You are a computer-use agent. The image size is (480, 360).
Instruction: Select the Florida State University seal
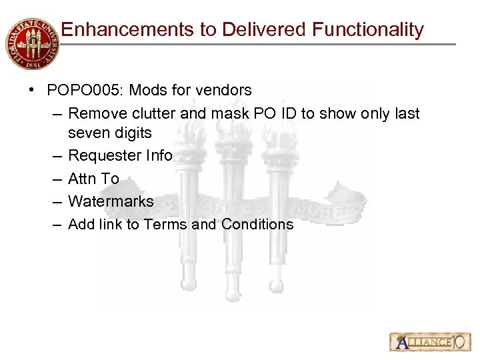pyautogui.click(x=31, y=43)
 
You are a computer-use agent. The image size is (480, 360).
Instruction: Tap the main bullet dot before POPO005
pyautogui.click(x=32, y=90)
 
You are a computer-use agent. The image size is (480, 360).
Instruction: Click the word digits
pyautogui.click(x=133, y=133)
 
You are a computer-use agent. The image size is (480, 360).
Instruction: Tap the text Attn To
pyautogui.click(x=93, y=179)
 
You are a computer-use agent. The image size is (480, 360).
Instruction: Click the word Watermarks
pyautogui.click(x=111, y=201)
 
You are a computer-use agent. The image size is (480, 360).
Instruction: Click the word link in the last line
pyautogui.click(x=111, y=225)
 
